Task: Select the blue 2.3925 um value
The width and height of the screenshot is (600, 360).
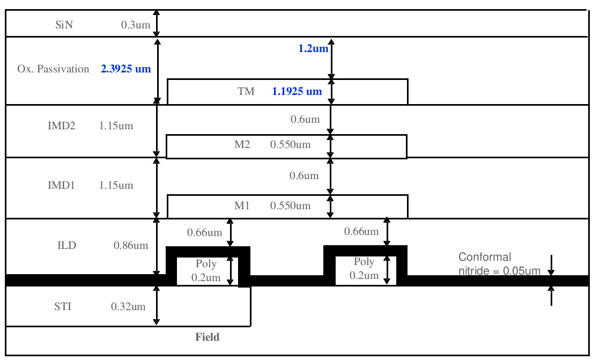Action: pyautogui.click(x=126, y=69)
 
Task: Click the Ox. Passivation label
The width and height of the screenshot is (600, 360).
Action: pyautogui.click(x=53, y=69)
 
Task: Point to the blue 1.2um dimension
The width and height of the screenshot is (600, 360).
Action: pyautogui.click(x=313, y=49)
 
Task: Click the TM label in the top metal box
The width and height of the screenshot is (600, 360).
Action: pyautogui.click(x=246, y=92)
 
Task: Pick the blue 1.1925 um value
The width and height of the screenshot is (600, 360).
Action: pyautogui.click(x=297, y=92)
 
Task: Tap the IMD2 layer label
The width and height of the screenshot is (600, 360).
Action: pyautogui.click(x=62, y=127)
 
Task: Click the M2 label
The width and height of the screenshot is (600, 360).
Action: pyautogui.click(x=242, y=145)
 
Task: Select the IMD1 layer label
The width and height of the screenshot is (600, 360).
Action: pyautogui.click(x=62, y=186)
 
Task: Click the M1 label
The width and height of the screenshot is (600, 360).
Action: pyautogui.click(x=242, y=206)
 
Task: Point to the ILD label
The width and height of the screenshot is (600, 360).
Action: pyautogui.click(x=67, y=246)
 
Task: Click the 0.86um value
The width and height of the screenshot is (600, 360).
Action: pyautogui.click(x=131, y=246)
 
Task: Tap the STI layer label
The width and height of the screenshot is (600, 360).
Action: pyautogui.click(x=63, y=307)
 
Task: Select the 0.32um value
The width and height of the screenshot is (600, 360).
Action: pyautogui.click(x=128, y=307)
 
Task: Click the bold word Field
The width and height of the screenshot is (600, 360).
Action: pyautogui.click(x=208, y=337)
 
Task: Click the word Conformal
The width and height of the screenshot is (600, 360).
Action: pyautogui.click(x=485, y=258)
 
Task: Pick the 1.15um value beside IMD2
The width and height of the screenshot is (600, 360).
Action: pyautogui.click(x=116, y=127)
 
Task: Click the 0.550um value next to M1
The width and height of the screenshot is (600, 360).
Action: pyautogui.click(x=290, y=206)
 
